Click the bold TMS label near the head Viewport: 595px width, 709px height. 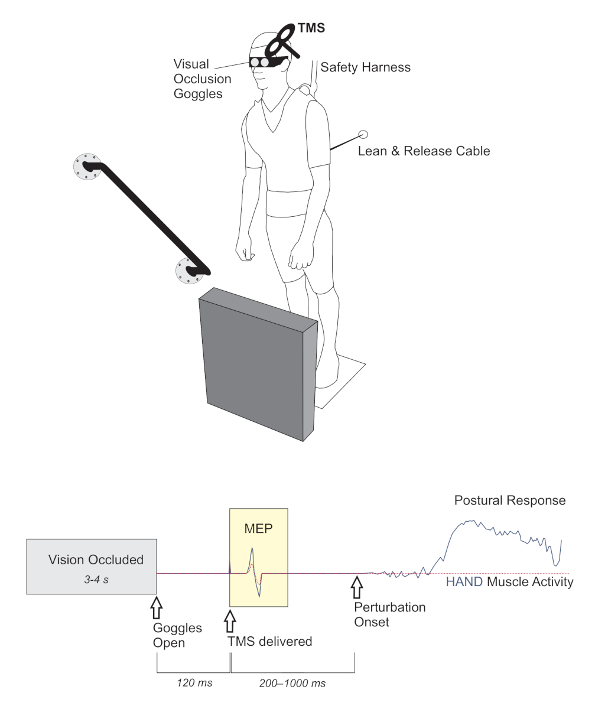coord(311,28)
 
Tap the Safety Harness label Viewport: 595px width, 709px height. coord(365,67)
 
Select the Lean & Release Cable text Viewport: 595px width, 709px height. coord(424,151)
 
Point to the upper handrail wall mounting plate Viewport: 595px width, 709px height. coord(87,167)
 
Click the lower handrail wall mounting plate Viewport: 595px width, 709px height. coord(190,271)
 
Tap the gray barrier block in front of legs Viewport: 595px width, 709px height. coord(258,364)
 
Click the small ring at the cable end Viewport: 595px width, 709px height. coord(363,135)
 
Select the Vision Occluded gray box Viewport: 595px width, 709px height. coord(92,567)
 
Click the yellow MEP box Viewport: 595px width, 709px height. coord(259,557)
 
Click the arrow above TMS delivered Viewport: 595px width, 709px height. coord(230,621)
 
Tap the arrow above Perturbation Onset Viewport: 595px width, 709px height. coord(357,587)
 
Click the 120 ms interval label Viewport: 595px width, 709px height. coord(194,683)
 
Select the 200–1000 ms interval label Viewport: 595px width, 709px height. coord(292,683)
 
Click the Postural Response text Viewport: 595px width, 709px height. coord(510,500)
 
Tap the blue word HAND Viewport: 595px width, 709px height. coord(464,582)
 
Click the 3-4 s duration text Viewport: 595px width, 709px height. coord(96,580)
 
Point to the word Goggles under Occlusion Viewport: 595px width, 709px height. coord(198,94)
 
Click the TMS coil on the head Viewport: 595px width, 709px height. coord(283,41)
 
